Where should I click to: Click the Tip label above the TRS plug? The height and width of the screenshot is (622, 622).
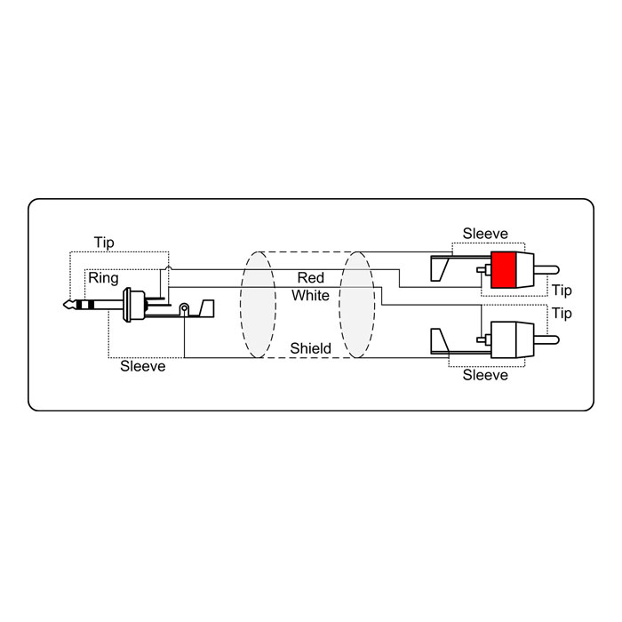coord(104,243)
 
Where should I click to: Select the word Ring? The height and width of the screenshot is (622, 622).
coord(103,278)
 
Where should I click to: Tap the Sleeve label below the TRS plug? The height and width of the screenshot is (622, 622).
coord(143,366)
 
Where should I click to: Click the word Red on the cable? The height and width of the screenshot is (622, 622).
coord(311,277)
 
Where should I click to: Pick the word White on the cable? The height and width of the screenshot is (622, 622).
coord(311,296)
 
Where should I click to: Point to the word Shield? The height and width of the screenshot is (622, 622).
coord(311,348)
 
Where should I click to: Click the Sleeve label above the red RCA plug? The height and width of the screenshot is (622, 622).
coord(485,233)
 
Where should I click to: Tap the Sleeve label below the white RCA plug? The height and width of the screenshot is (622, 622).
coord(485,375)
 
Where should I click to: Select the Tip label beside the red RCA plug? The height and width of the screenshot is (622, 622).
coord(562,291)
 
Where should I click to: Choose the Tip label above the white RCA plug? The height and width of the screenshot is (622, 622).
coord(562,314)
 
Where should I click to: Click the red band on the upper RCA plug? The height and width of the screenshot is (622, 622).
coord(503,270)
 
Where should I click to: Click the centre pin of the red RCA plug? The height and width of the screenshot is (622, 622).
coord(546,270)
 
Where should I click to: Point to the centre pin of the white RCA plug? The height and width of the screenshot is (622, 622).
coord(546,339)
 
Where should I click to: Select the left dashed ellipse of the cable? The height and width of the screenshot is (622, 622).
coord(258,305)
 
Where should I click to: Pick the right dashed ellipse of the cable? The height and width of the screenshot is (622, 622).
coord(356,305)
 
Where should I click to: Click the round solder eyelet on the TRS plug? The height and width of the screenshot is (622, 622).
coord(184,307)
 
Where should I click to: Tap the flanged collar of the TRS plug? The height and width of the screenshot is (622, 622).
coord(128,305)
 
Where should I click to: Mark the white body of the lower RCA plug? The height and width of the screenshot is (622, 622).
coord(512,339)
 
